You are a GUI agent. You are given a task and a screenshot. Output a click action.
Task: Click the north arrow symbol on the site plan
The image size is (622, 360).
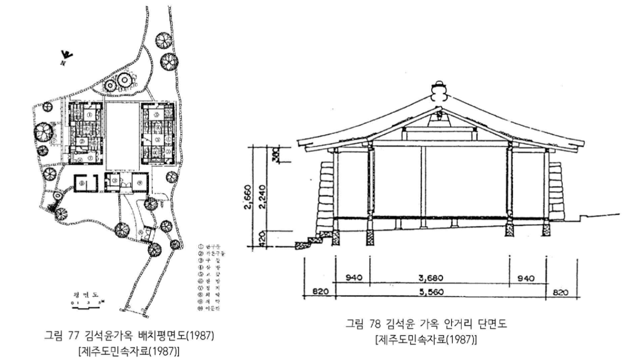point(66,54)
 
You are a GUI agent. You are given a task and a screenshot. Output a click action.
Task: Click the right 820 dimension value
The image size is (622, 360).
point(562,292)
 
